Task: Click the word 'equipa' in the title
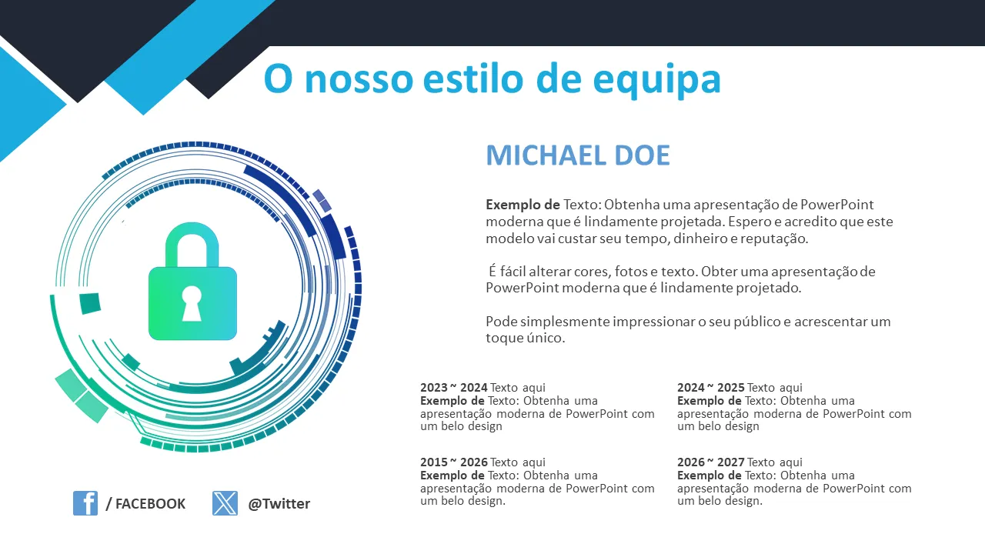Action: [x=656, y=81]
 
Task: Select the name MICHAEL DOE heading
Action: [x=578, y=155]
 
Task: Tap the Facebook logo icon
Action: [x=85, y=503]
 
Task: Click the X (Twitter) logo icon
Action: [x=225, y=503]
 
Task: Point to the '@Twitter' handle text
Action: [x=279, y=503]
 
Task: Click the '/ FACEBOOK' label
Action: [x=145, y=503]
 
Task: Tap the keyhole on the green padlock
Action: [x=192, y=303]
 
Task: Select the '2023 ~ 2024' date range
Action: [x=453, y=387]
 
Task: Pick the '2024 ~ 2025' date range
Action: [x=710, y=387]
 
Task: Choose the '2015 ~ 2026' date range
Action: [x=453, y=462]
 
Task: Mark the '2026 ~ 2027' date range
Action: [x=710, y=462]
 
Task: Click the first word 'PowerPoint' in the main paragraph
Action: [x=836, y=205]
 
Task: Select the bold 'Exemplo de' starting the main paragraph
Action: [x=523, y=205]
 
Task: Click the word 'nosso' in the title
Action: [x=359, y=79]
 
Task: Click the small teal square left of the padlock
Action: [x=90, y=303]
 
